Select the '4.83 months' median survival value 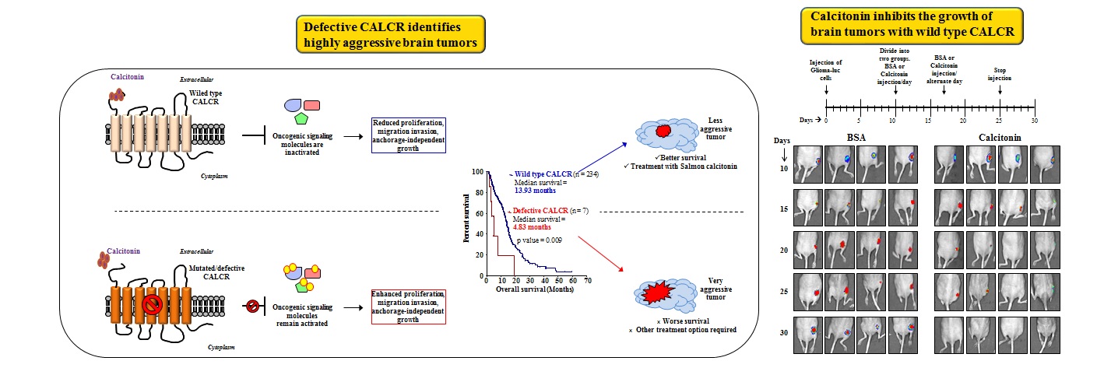[x=530, y=227]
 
